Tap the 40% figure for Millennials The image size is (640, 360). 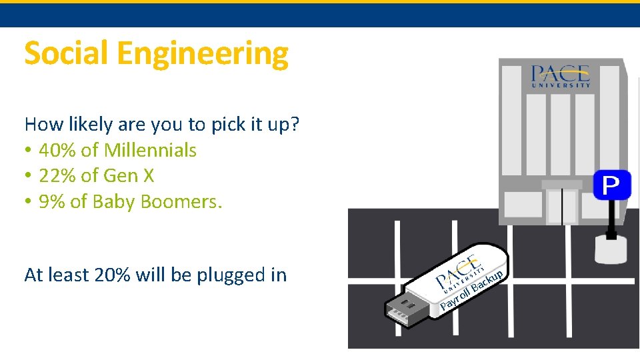coord(57,150)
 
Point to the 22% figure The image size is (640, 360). coord(57,175)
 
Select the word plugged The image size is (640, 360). coord(231,275)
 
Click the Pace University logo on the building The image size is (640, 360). coord(561,76)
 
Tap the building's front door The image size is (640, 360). coord(562,205)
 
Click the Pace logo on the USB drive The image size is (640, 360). coord(458,273)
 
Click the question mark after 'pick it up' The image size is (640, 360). coord(295,125)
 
